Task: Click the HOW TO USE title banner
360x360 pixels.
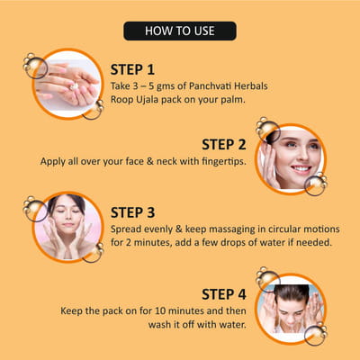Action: click(180, 31)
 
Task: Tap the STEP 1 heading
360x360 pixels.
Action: click(132, 70)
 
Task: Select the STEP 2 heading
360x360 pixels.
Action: click(224, 145)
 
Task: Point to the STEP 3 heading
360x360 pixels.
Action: click(132, 212)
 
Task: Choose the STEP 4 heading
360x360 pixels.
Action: click(224, 294)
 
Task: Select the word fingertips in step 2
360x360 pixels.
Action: click(224, 161)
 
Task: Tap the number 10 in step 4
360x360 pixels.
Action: click(160, 311)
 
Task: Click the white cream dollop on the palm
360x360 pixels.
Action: click(74, 86)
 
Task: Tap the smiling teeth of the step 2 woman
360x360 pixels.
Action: click(301, 168)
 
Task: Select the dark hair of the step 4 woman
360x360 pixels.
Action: click(292, 292)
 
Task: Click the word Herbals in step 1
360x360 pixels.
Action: click(251, 86)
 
